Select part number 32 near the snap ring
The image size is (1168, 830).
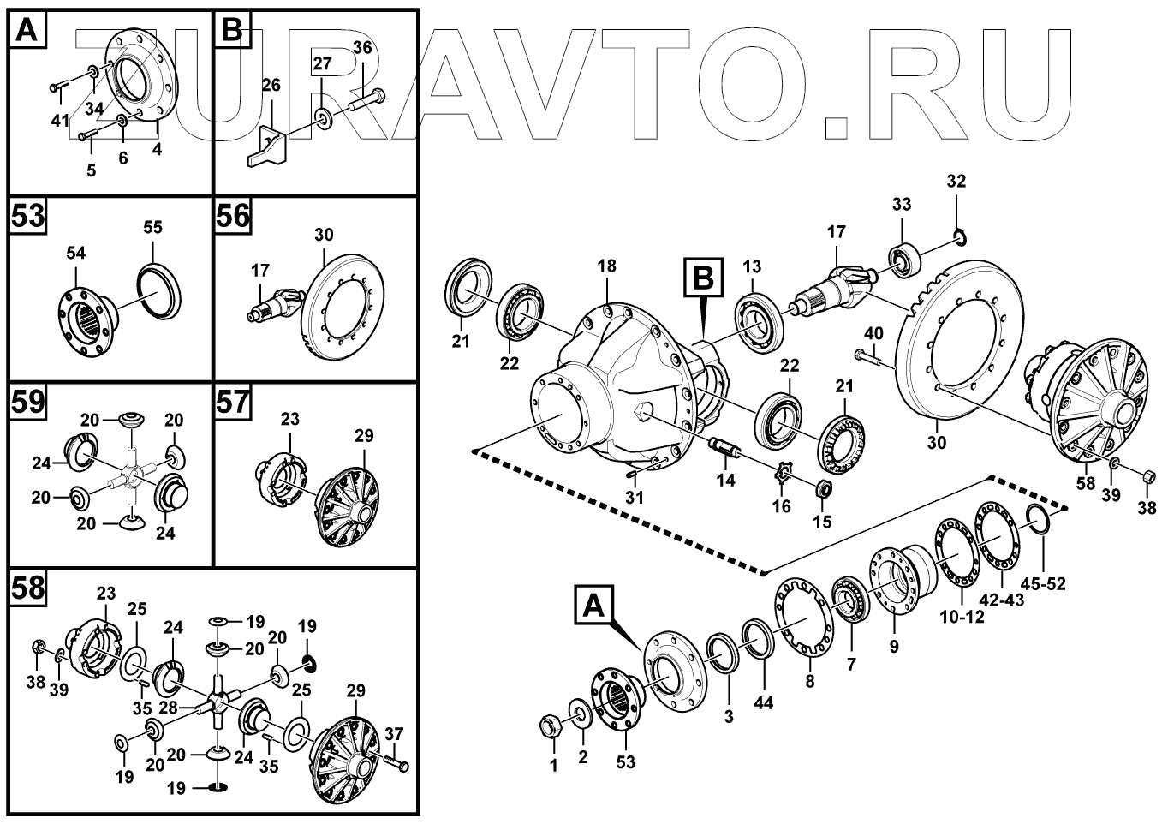pos(956,182)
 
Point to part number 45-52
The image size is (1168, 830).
pos(1042,585)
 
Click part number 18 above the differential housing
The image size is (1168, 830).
pos(606,266)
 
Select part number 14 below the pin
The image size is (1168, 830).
pos(726,481)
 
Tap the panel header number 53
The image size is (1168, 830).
pos(28,217)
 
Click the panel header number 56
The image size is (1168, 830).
pos(232,217)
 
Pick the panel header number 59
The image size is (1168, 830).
pos(28,403)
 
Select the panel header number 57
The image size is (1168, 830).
pos(232,403)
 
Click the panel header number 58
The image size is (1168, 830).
pos(28,588)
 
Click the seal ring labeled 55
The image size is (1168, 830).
pos(159,292)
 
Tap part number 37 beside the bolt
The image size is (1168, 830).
pos(393,733)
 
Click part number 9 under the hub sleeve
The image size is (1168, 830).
pos(894,648)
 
